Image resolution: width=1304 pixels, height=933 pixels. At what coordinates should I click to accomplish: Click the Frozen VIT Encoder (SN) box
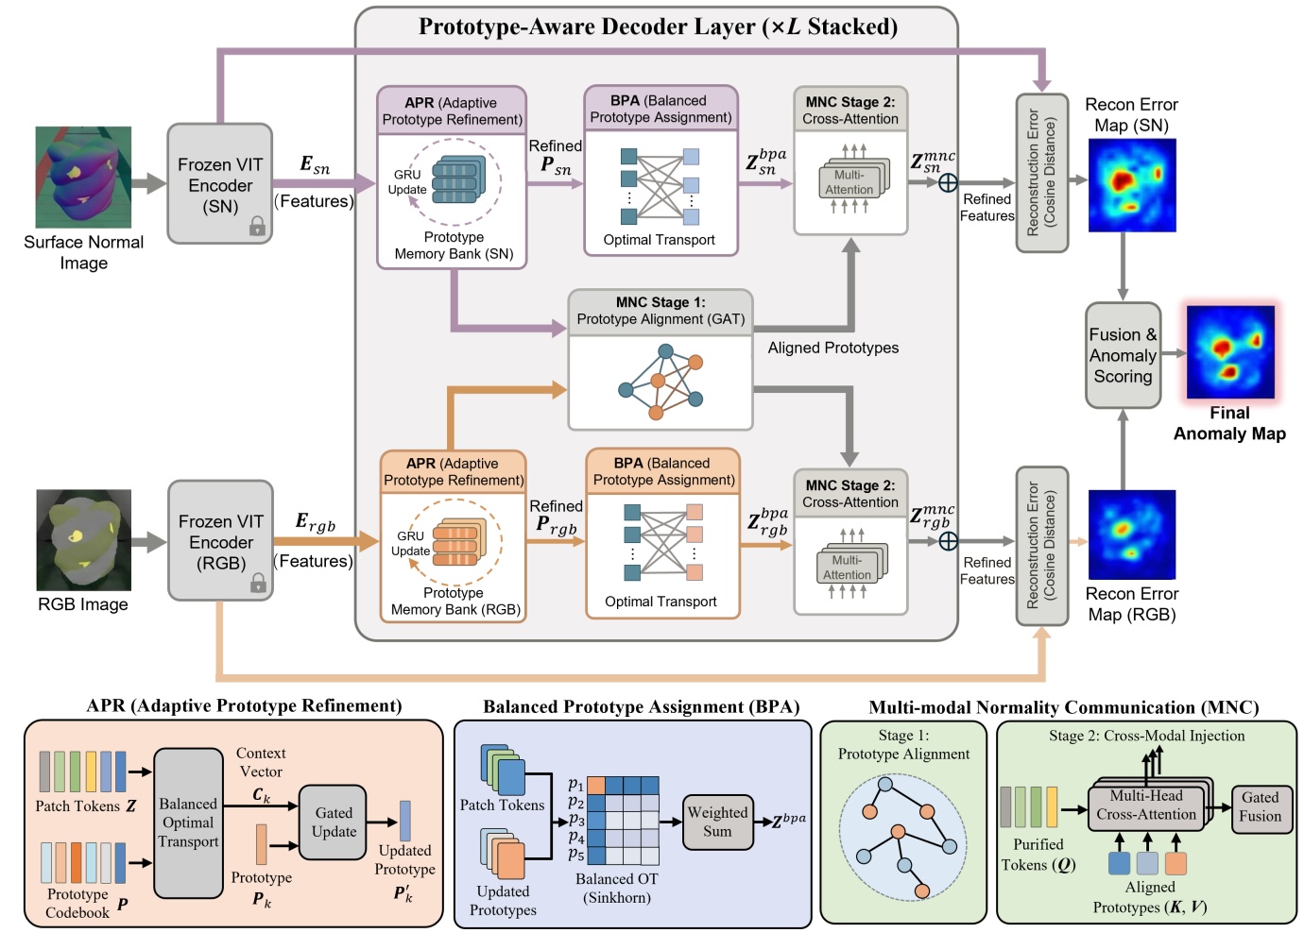click(219, 184)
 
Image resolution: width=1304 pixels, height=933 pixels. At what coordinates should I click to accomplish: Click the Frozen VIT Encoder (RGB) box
click(220, 541)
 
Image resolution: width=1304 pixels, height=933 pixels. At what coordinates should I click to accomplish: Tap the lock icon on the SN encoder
click(257, 226)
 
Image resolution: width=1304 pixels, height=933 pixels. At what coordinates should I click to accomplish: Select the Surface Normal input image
click(83, 177)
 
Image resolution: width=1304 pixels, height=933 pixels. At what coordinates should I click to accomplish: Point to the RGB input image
click(83, 539)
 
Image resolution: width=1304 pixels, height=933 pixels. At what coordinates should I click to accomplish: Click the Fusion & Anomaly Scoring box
click(1123, 355)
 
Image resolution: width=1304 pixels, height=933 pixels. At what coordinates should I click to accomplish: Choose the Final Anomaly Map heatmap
click(1230, 351)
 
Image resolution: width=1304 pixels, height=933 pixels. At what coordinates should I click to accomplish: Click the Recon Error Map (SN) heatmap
click(1132, 185)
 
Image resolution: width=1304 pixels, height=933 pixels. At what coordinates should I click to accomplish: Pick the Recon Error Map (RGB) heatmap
click(1132, 534)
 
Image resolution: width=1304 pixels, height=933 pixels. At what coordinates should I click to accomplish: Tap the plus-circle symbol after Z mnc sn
click(948, 183)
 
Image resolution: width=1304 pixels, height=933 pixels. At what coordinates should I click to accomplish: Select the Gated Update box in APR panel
click(334, 822)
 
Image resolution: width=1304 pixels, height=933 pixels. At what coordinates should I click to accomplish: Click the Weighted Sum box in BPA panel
click(717, 822)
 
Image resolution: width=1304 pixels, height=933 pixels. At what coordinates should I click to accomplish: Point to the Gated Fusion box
click(1261, 807)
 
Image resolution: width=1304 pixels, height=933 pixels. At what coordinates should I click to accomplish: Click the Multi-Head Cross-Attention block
click(1145, 806)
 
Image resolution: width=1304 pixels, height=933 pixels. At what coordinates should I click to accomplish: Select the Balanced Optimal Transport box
click(188, 823)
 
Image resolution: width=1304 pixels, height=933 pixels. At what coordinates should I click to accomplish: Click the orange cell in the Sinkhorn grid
click(596, 786)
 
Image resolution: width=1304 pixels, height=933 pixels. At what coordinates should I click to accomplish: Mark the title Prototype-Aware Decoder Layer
click(658, 26)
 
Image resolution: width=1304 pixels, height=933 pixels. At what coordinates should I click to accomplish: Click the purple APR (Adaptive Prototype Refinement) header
click(451, 111)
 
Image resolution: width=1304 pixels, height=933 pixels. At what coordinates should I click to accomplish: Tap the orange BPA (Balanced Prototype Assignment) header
click(663, 471)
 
